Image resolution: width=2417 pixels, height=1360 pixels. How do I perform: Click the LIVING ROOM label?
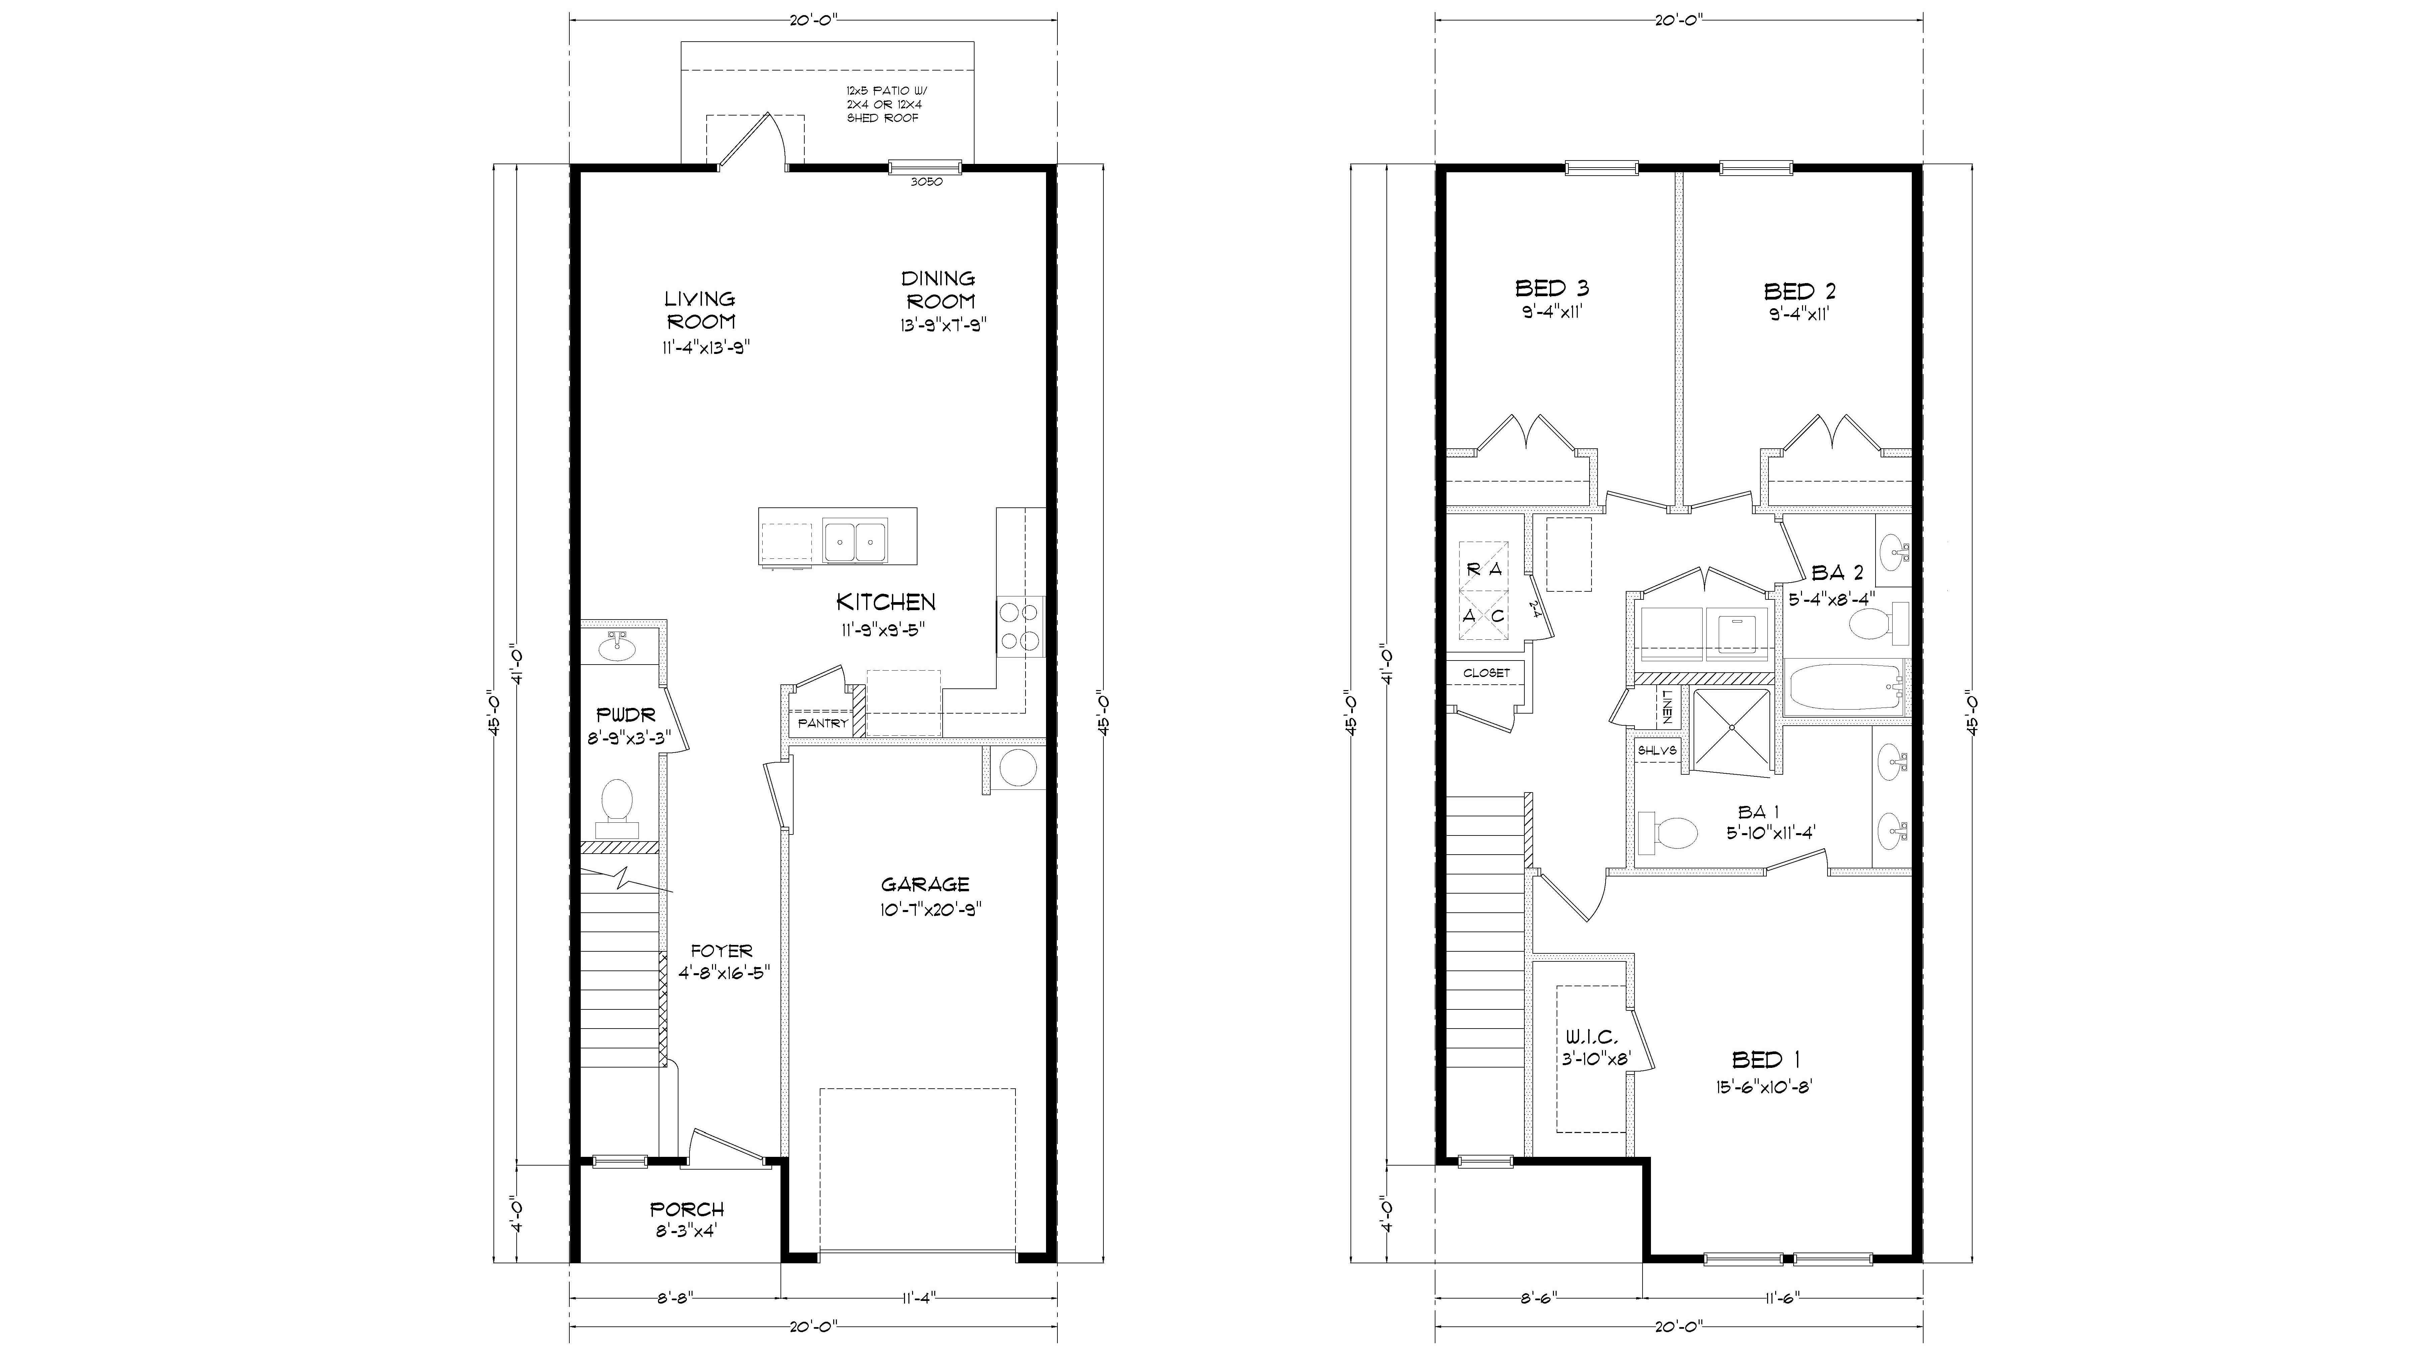coord(700,310)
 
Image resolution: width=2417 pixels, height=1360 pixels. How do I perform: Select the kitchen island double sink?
coord(855,541)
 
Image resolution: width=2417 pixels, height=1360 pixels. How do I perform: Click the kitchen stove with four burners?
coord(1019,626)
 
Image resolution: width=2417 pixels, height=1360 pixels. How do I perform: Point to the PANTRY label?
coord(822,724)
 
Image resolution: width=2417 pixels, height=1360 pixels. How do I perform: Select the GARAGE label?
coord(925,884)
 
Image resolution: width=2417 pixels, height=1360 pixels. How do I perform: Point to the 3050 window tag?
coord(926,182)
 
